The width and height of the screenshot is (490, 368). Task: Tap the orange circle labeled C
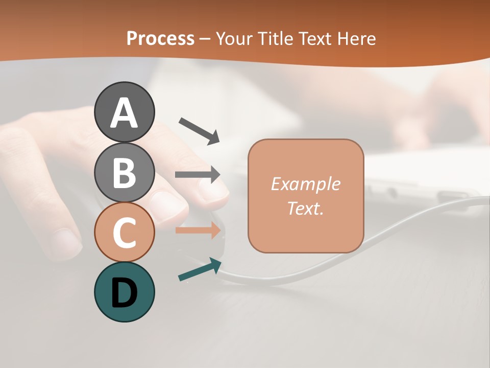(x=124, y=233)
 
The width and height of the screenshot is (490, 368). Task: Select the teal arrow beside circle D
(x=200, y=270)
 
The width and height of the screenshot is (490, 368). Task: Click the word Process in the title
(x=160, y=38)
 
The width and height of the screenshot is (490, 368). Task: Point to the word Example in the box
(x=305, y=184)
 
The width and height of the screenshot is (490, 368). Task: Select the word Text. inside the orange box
(x=305, y=208)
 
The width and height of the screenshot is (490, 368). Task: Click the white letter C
(x=124, y=233)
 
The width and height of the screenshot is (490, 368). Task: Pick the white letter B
(x=124, y=173)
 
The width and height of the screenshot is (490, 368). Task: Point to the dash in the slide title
(x=205, y=39)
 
